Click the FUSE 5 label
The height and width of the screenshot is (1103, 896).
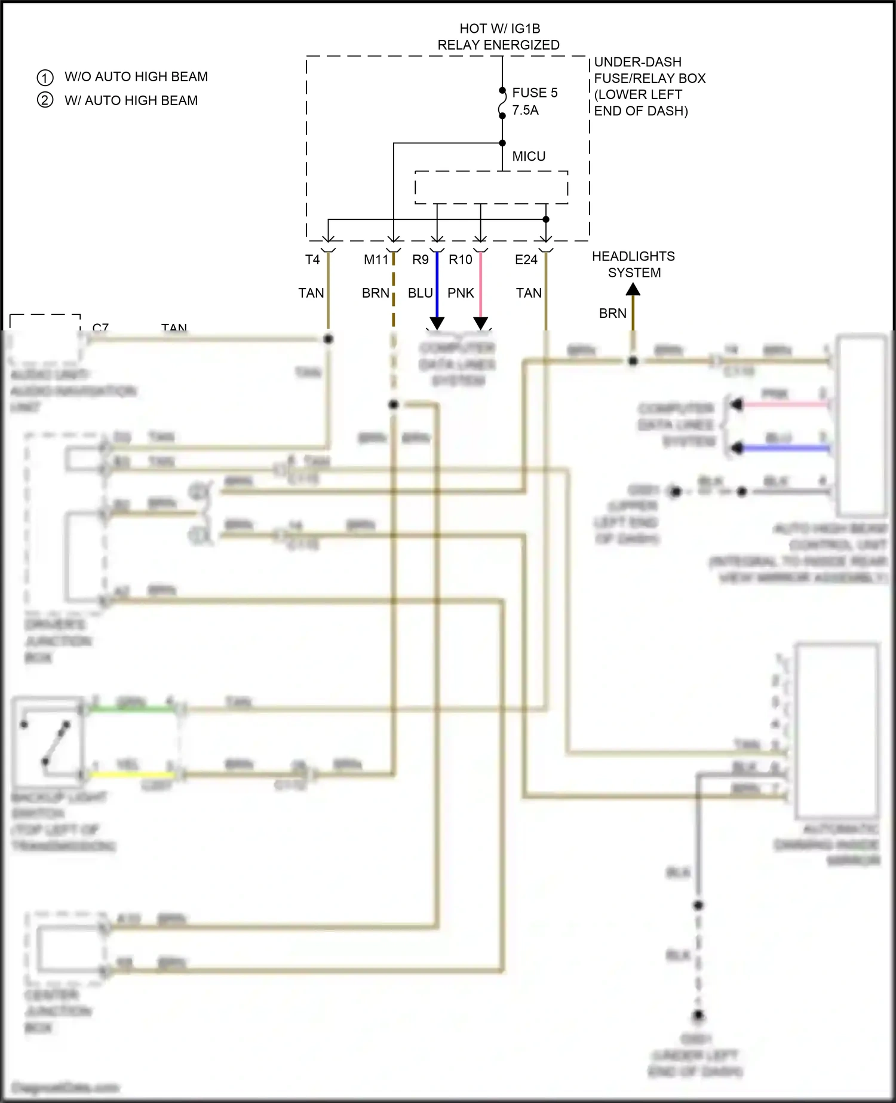point(535,93)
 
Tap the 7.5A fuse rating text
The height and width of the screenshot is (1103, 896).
point(525,110)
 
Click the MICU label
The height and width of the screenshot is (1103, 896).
point(529,156)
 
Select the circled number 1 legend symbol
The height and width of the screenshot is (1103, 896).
point(45,78)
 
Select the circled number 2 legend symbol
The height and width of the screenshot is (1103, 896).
point(45,100)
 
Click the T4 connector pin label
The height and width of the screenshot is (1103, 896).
point(312,259)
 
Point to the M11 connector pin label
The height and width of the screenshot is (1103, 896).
point(376,259)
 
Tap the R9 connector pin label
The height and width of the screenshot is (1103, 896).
point(421,259)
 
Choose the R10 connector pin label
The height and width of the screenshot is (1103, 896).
point(461,259)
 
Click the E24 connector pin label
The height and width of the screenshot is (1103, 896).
point(526,259)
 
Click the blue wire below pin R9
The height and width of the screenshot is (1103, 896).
point(437,287)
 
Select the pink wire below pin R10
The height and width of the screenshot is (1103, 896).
point(481,287)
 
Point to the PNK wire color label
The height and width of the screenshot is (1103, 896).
point(461,293)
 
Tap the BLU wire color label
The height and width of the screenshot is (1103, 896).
point(421,293)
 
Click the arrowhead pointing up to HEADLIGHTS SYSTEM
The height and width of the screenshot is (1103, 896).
point(633,290)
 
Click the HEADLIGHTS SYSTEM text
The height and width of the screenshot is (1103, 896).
point(633,264)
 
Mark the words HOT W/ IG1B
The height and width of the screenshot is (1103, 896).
point(499,28)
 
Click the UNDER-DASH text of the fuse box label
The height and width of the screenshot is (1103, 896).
point(637,62)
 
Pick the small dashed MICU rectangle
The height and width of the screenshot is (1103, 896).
point(491,187)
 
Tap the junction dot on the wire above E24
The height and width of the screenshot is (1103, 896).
point(546,219)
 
